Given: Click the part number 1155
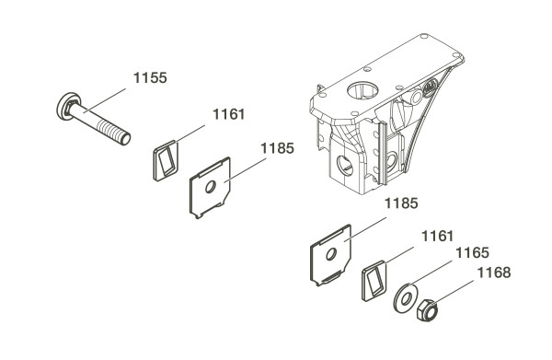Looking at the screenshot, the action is tap(150, 78).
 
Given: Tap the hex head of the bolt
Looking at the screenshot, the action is tap(68, 106).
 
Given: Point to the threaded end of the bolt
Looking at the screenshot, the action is tap(113, 131).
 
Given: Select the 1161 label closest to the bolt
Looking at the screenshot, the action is tap(228, 114).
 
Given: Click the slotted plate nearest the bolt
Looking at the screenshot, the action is tap(166, 160).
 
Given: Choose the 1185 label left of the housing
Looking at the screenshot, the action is tap(277, 148).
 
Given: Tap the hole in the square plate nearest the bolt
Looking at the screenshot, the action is tap(210, 187).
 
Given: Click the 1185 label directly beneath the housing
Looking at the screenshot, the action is tap(401, 203).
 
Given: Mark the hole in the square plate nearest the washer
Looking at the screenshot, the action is tap(331, 253).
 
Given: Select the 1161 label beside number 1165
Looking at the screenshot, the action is tap(438, 236).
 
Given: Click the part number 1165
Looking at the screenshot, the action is tap(472, 253).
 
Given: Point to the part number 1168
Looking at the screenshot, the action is tap(494, 273).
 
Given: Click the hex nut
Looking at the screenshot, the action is tap(428, 310).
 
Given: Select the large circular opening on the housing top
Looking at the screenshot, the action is tap(362, 91).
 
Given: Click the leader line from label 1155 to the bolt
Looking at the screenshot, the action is tap(105, 100).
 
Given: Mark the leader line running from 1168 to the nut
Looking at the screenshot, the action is tap(454, 293).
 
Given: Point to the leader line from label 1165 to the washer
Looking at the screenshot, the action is tap(431, 273).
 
